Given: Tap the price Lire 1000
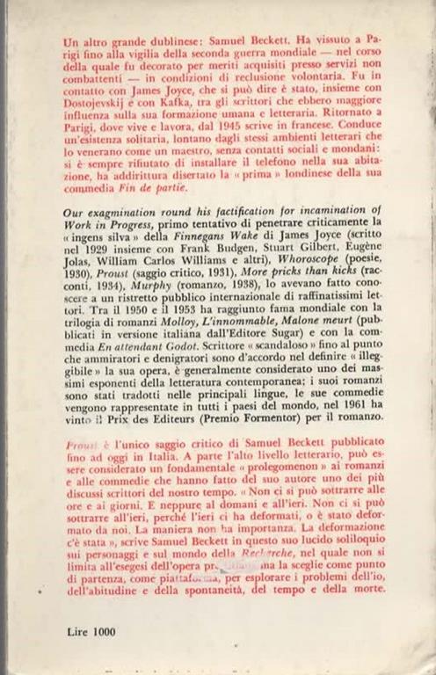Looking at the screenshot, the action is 90,632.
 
